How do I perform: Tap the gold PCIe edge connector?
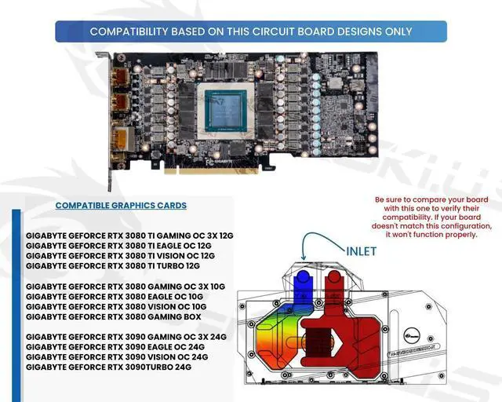pos(218,166)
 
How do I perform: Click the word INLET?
pos(361,251)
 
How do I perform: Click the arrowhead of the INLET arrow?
pos(304,258)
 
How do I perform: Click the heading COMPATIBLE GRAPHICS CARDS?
pos(120,206)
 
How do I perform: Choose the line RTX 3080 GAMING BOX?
pos(114,316)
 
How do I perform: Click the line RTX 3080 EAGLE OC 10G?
pos(115,296)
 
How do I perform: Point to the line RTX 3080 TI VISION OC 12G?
pos(120,255)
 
